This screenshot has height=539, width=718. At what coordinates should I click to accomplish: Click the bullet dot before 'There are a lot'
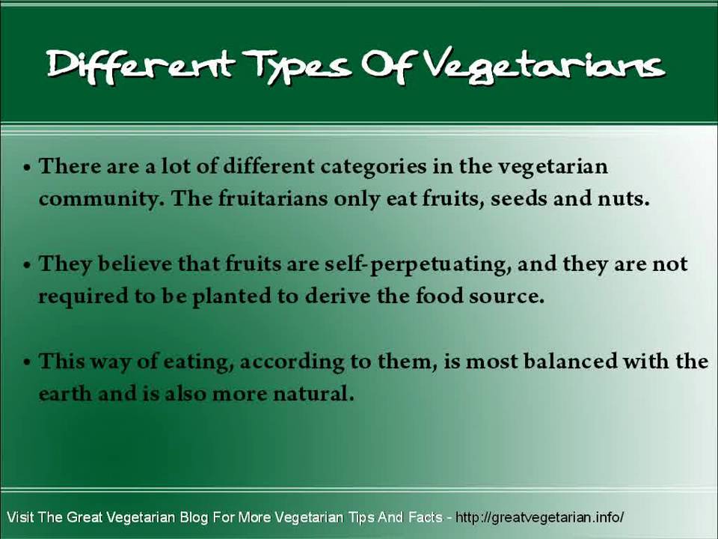click(27, 168)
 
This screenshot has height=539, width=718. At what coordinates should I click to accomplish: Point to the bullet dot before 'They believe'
click(27, 265)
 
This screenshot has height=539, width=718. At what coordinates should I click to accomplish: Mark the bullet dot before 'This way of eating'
click(27, 363)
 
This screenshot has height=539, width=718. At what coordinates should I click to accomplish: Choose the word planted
click(232, 296)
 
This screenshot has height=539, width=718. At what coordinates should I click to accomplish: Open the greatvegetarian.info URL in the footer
click(539, 517)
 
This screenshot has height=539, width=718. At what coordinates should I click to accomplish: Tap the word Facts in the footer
click(426, 517)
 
